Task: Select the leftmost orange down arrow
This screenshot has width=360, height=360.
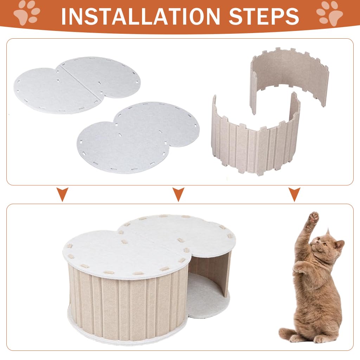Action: [63, 194]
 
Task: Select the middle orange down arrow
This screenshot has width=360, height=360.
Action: [179, 194]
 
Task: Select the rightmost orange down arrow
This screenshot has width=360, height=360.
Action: [294, 194]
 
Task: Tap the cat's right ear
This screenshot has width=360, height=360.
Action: [339, 244]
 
